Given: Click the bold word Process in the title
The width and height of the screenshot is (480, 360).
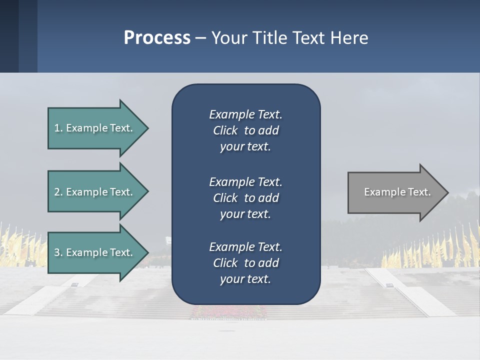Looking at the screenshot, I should point(157,38).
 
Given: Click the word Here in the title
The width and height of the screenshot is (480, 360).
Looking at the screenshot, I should point(349,38).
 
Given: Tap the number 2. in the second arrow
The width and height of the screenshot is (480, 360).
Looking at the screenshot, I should point(58,192).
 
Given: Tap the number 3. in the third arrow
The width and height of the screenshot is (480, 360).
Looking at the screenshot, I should point(58,252).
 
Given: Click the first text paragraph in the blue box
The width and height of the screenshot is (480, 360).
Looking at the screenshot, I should point(245,130).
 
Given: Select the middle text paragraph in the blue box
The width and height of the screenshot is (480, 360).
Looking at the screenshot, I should point(245,198).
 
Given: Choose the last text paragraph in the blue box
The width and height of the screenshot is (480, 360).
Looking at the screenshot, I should point(245,263).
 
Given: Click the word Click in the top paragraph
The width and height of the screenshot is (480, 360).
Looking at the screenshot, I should point(225,131).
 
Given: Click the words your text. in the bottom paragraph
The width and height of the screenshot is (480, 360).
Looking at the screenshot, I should point(245,279).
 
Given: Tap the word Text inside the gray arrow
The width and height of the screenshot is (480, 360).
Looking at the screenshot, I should point(419,192).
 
